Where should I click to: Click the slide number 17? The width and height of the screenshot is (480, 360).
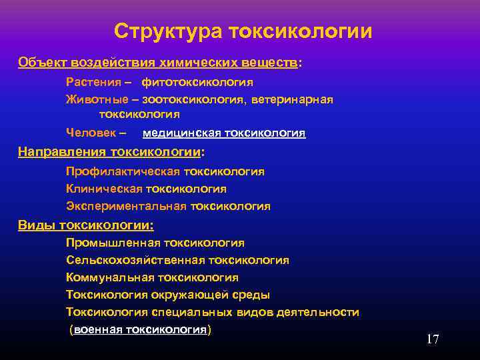point(433,339)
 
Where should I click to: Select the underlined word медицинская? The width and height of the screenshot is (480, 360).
point(182,133)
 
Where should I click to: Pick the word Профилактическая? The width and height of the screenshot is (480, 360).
point(123,171)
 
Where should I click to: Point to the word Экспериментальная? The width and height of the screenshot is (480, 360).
point(126,206)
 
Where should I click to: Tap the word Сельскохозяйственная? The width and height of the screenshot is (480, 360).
point(135,261)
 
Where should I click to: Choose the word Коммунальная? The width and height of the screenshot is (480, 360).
point(110,278)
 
